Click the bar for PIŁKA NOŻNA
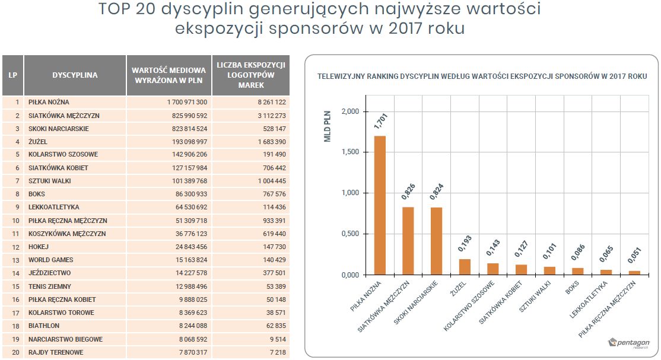380,205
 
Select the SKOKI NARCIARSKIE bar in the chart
436,241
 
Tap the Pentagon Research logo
630,343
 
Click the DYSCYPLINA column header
75,75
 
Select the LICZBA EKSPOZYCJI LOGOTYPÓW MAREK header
251,75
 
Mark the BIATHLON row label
46,326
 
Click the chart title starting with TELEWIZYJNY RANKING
482,77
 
